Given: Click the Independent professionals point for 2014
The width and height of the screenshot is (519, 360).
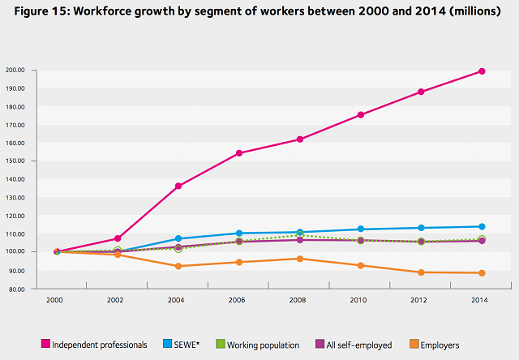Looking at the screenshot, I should pyautogui.click(x=482, y=71).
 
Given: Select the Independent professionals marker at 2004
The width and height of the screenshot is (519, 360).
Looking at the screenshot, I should pyautogui.click(x=178, y=186).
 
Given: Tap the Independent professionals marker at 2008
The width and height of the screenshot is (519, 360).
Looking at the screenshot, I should pyautogui.click(x=299, y=139).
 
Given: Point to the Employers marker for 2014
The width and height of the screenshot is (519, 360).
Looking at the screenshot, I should pyautogui.click(x=482, y=273).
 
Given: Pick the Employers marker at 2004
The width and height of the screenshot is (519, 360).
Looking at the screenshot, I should pyautogui.click(x=178, y=266).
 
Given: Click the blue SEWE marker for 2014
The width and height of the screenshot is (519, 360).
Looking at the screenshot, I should pyautogui.click(x=482, y=227).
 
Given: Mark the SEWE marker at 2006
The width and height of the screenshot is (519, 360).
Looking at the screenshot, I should pyautogui.click(x=238, y=234).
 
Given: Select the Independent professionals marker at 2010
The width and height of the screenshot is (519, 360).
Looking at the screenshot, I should pyautogui.click(x=360, y=115).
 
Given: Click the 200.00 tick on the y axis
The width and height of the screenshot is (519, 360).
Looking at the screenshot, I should pyautogui.click(x=16, y=71).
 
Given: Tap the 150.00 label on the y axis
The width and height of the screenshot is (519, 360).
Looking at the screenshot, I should pyautogui.click(x=16, y=161).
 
